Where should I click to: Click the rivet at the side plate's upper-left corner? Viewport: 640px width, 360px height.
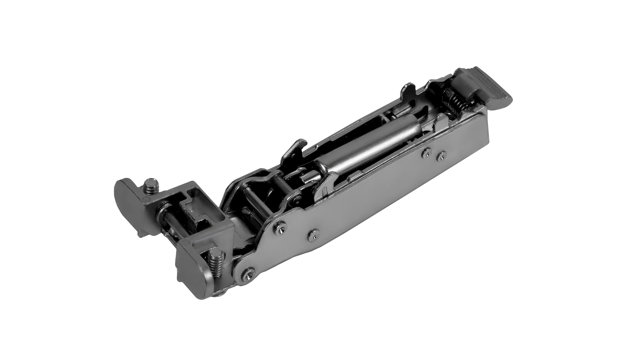pyautogui.click(x=279, y=227)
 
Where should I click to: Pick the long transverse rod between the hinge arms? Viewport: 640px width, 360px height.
pyautogui.click(x=255, y=203)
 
